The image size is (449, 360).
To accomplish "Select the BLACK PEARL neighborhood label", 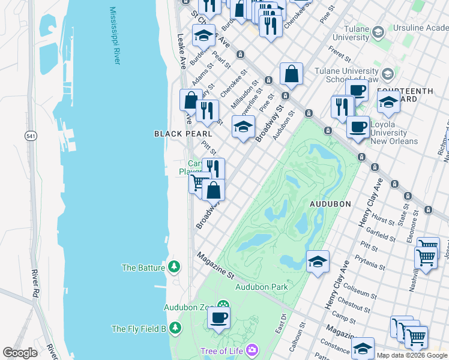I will (x=174, y=133).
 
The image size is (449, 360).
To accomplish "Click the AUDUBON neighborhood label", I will (x=330, y=204).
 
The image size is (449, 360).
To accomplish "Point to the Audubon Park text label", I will (x=261, y=287).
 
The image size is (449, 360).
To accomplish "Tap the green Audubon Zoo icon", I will (x=223, y=304).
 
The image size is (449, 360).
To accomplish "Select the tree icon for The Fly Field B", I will (x=175, y=328).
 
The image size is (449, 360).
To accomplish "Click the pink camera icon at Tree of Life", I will (x=252, y=349).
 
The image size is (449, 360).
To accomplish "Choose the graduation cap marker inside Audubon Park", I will (x=318, y=261).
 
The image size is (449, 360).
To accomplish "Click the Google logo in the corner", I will (x=20, y=353).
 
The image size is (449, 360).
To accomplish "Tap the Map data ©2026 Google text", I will (x=412, y=355).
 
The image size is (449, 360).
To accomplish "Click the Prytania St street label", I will (x=370, y=261).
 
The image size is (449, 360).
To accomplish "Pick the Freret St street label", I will (x=339, y=58).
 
